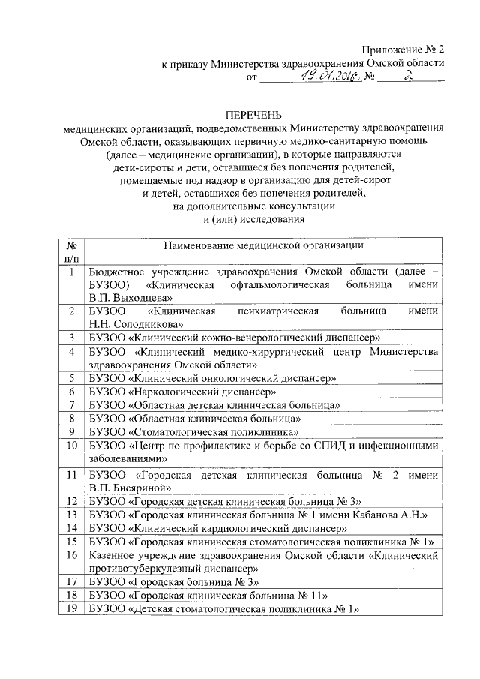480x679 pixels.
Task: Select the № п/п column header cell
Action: click(x=70, y=251)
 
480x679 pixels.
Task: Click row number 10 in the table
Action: click(x=71, y=446)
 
